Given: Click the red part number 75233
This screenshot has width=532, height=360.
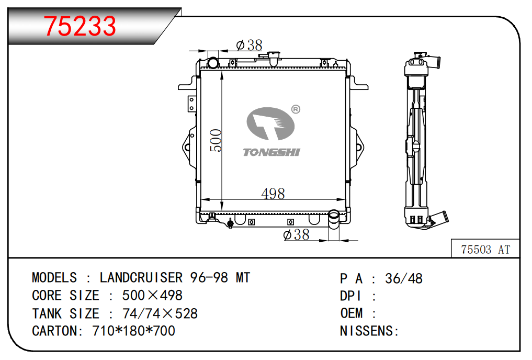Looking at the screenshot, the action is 80,26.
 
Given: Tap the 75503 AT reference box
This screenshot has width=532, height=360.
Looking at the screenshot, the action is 485,249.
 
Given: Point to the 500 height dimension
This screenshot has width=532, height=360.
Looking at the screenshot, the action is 216,140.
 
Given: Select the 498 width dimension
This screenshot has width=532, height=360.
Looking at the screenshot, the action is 273,194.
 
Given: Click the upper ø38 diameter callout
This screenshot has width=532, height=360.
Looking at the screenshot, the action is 250,45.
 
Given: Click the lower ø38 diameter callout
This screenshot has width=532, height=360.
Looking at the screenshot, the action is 296,234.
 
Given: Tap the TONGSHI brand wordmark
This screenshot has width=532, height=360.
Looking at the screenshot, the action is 271,152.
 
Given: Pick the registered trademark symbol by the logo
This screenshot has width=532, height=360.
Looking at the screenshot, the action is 296,109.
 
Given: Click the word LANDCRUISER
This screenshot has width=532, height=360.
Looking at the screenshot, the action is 141,278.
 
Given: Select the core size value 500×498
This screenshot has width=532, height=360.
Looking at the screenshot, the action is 152,296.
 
